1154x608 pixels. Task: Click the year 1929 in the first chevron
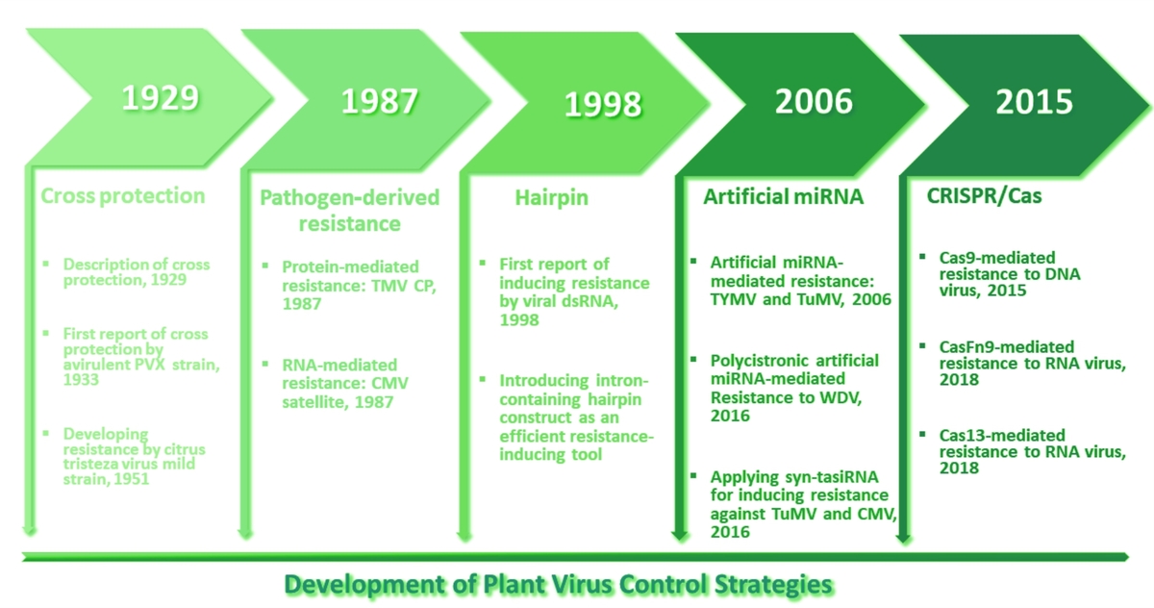pyautogui.click(x=161, y=97)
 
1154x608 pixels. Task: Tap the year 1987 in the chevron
pyautogui.click(x=380, y=100)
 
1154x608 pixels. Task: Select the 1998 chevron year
pyautogui.click(x=603, y=104)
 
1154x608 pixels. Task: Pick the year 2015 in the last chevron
pyautogui.click(x=1034, y=102)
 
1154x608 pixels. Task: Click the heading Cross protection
pyautogui.click(x=123, y=196)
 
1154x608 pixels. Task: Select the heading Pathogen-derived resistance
pyautogui.click(x=349, y=211)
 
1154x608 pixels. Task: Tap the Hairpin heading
pyautogui.click(x=551, y=198)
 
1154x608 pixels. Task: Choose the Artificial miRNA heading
pyautogui.click(x=783, y=196)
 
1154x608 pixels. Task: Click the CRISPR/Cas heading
pyautogui.click(x=984, y=196)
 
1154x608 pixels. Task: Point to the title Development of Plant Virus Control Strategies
pyautogui.click(x=558, y=584)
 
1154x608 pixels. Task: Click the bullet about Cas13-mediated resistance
pyautogui.click(x=1033, y=451)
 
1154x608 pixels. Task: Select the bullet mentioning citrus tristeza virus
pyautogui.click(x=134, y=456)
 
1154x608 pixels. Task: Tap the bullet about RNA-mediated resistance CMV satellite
pyautogui.click(x=345, y=383)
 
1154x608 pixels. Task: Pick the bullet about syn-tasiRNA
pyautogui.click(x=804, y=504)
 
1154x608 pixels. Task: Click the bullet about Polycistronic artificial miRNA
pyautogui.click(x=794, y=388)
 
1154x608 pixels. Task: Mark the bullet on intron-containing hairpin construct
pyautogui.click(x=576, y=417)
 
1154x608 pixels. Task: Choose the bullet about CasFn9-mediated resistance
pyautogui.click(x=1033, y=363)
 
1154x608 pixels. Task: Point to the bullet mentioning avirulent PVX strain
pyautogui.click(x=141, y=356)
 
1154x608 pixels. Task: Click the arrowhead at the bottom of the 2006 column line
pyautogui.click(x=680, y=536)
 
